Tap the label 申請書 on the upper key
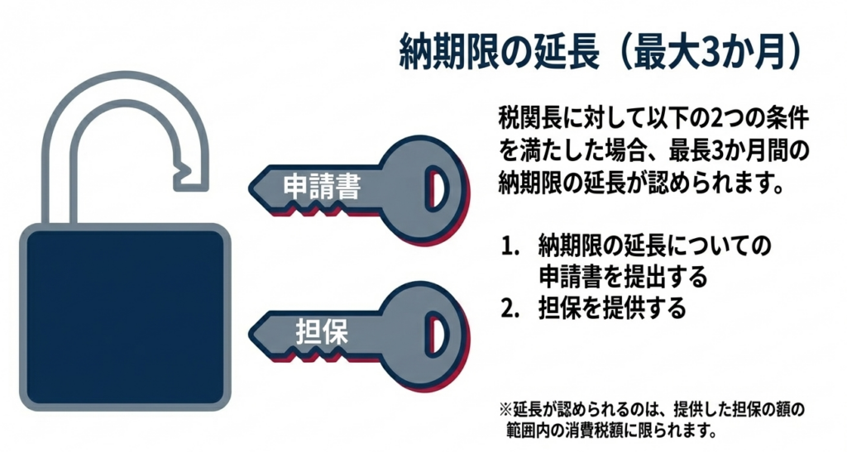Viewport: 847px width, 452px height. tap(322, 187)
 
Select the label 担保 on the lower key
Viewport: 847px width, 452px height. tap(322, 331)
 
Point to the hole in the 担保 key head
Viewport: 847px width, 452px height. tap(437, 335)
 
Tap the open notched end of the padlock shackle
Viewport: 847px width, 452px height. tap(190, 174)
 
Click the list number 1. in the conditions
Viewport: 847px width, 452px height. tap(510, 247)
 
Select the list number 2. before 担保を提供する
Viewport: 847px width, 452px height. tap(510, 308)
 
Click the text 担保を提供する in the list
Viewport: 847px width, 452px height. tap(612, 308)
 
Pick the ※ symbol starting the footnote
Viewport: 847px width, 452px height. tap(505, 410)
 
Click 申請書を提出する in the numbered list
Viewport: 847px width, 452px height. tap(623, 277)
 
